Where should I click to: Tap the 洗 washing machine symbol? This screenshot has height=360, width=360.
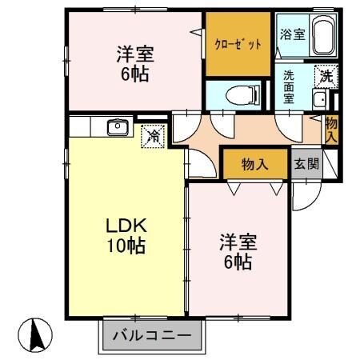[326, 78]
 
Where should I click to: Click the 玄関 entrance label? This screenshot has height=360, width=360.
[306, 164]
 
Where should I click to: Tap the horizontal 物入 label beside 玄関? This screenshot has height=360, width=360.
[254, 164]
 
